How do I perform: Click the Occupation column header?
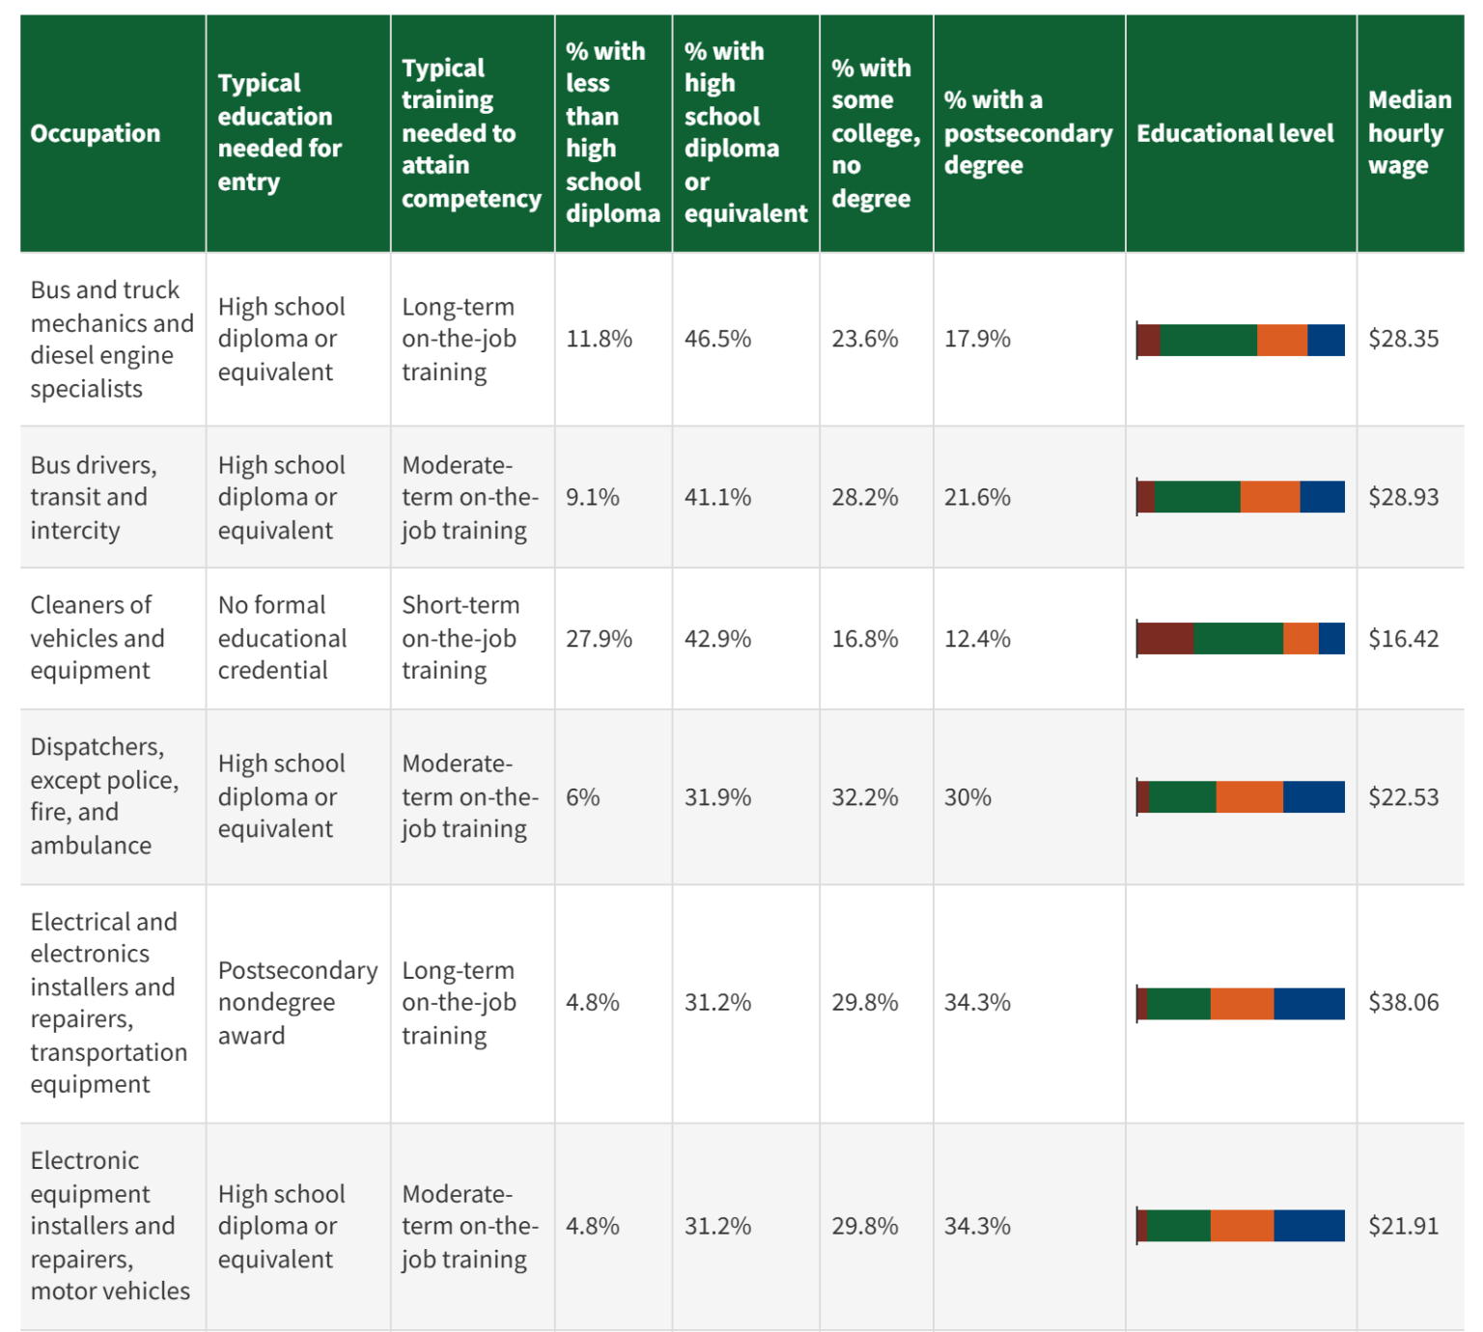tap(96, 133)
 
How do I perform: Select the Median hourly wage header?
tap(1409, 133)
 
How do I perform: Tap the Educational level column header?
tap(1235, 133)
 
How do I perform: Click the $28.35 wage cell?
tap(1403, 339)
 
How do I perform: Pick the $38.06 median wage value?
tap(1403, 1003)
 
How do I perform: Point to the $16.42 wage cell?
tap(1403, 639)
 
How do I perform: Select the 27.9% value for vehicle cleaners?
tap(599, 639)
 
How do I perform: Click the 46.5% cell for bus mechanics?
tap(717, 339)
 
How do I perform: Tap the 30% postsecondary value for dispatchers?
tap(967, 797)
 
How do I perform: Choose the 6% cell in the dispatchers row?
tap(582, 797)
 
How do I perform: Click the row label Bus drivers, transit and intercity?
tap(93, 497)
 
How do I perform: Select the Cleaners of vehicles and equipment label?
tap(97, 638)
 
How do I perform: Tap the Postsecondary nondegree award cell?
tap(296, 1003)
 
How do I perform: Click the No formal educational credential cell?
tap(282, 638)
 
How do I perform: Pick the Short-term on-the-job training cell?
tap(461, 638)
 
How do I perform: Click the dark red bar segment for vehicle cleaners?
tap(1165, 639)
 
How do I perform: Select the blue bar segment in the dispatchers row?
tap(1313, 797)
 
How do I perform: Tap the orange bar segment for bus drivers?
tap(1270, 497)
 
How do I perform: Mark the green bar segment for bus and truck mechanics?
tap(1208, 341)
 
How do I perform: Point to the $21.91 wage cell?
tap(1403, 1226)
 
